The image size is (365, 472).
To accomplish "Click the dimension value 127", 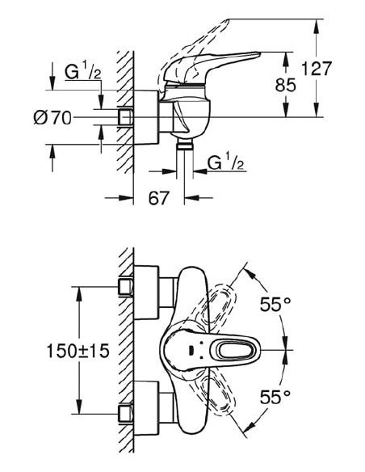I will click(x=317, y=70).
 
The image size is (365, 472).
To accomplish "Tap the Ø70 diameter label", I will click(x=53, y=118).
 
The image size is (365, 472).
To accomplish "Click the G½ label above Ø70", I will click(x=82, y=72).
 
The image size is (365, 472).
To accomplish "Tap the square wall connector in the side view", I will click(x=126, y=118).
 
